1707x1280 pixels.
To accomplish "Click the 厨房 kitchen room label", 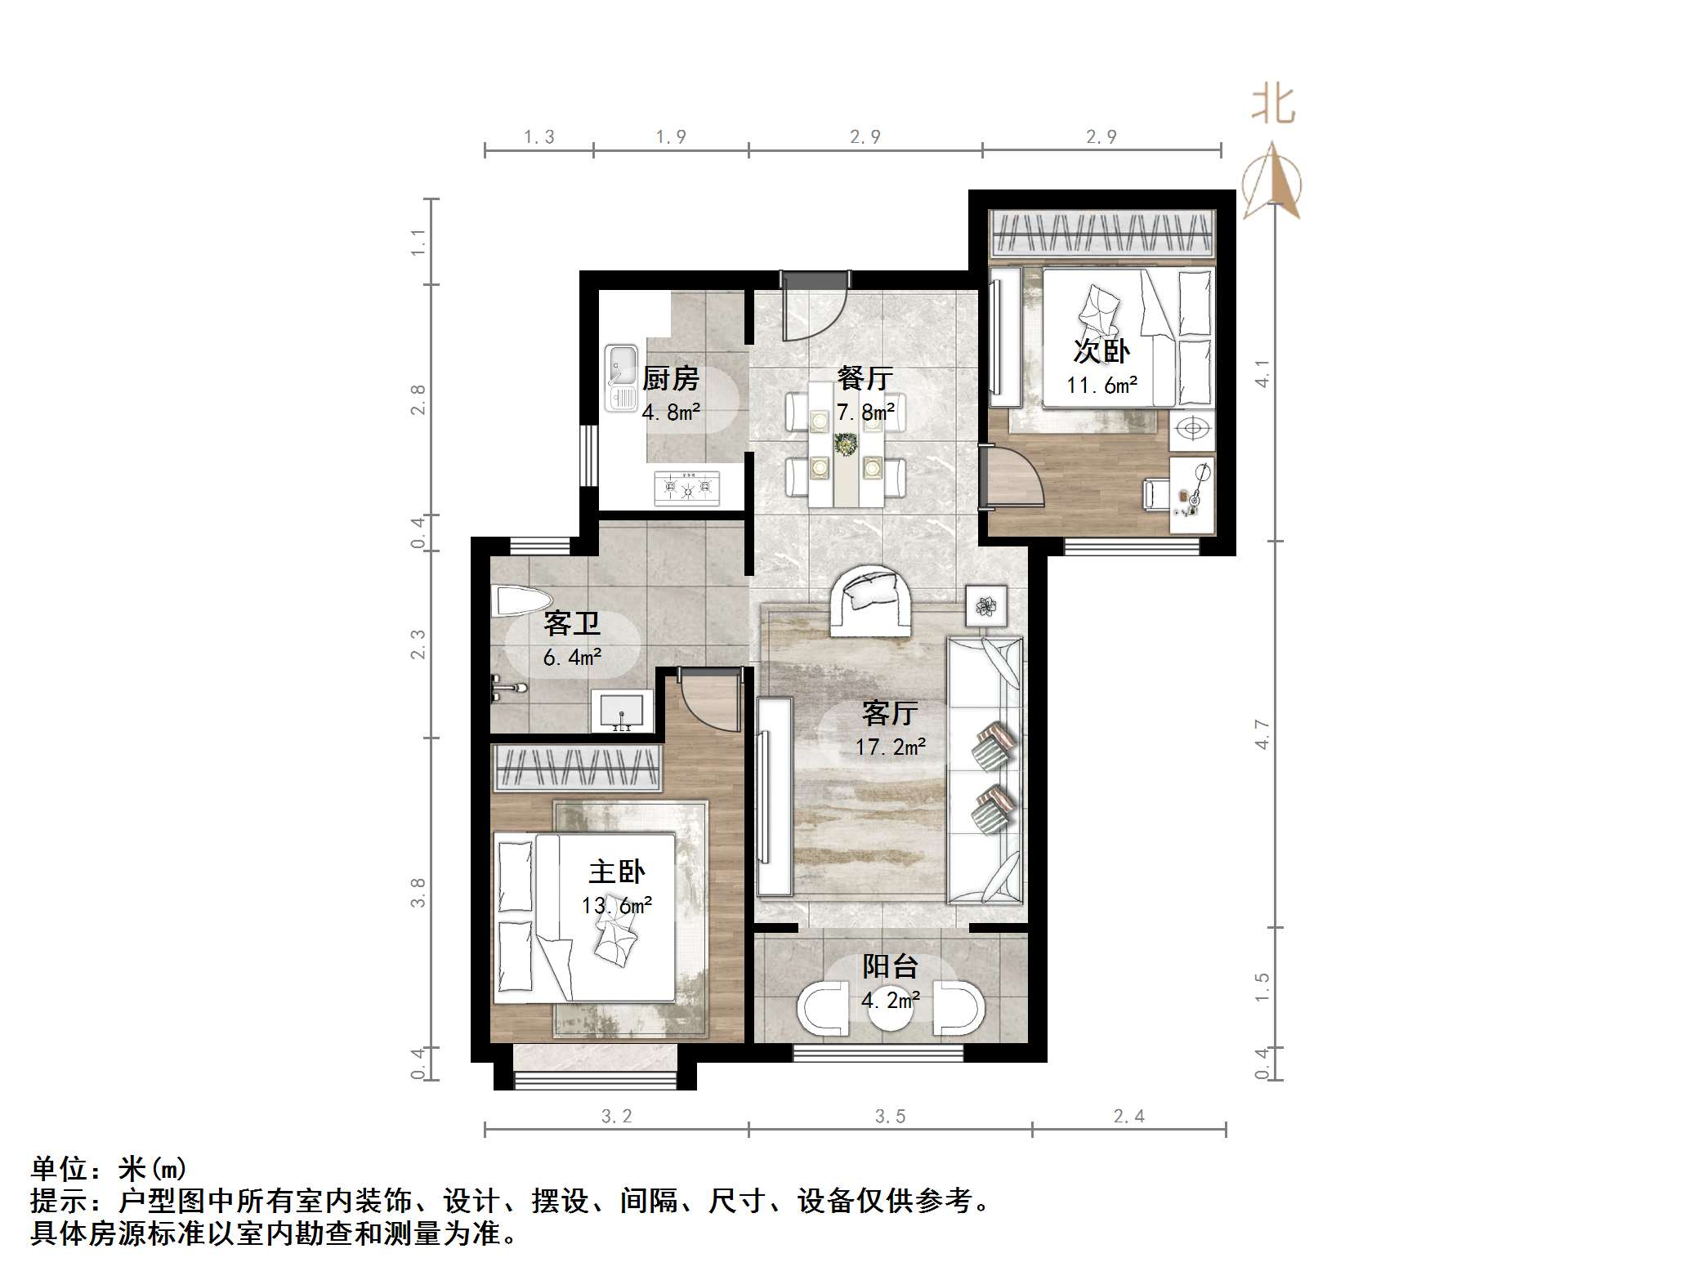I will click(670, 378).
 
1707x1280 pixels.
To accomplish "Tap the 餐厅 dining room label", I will click(865, 378).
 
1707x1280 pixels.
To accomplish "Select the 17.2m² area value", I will click(890, 747).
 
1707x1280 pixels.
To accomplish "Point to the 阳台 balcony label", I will click(890, 966).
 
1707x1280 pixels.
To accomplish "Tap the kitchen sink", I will click(622, 377).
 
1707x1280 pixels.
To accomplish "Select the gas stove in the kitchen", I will click(687, 488).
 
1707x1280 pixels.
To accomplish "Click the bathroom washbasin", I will click(622, 711).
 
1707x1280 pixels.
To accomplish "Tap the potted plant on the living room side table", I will click(987, 606).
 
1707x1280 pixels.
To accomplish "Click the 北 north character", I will click(1273, 105).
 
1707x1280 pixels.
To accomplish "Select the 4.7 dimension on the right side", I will click(1262, 734).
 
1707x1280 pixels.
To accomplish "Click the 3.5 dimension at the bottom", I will click(890, 1117).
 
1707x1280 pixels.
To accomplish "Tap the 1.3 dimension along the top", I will click(538, 137).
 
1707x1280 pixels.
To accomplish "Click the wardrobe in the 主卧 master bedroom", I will click(577, 769).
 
